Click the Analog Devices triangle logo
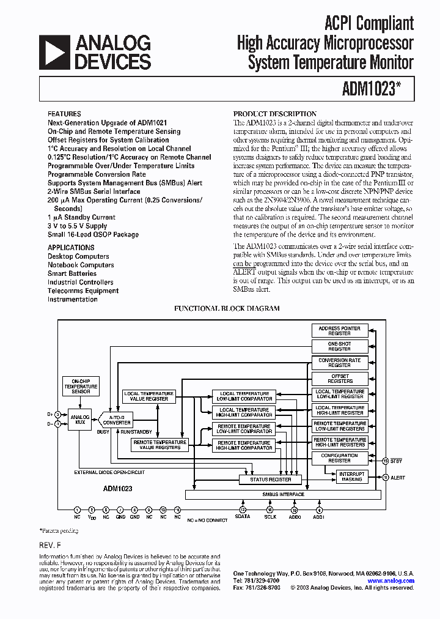(54, 51)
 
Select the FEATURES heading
(64, 114)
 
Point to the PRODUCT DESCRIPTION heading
(275, 114)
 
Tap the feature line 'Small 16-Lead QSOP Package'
(93, 234)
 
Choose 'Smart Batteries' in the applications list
(72, 273)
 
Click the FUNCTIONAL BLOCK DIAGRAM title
(227, 309)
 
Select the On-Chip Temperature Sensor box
(81, 385)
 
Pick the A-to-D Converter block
(117, 419)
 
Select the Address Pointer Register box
(339, 331)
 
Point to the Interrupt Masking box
(351, 476)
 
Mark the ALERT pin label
(398, 477)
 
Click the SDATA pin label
(243, 517)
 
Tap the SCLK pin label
(269, 517)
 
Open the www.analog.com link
(391, 580)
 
